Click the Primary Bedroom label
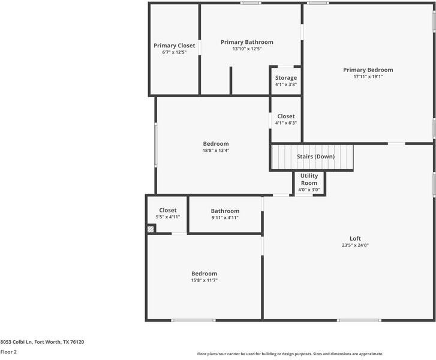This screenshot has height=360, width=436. [368, 70]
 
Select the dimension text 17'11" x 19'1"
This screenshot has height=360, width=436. [368, 77]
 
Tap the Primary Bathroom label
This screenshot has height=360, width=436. [246, 42]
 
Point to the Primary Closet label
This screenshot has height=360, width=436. [174, 46]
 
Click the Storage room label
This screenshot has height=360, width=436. [285, 78]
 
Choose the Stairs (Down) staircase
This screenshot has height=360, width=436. [312, 157]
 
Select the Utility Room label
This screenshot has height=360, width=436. [309, 179]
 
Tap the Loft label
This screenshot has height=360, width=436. [356, 238]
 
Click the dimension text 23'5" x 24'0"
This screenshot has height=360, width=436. [356, 245]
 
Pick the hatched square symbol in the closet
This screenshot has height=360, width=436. [151, 229]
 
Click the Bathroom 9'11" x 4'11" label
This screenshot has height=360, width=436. [225, 211]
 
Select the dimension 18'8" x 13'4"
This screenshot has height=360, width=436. [216, 151]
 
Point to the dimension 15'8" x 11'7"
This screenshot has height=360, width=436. [204, 280]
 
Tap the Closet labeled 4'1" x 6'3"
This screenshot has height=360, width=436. [285, 116]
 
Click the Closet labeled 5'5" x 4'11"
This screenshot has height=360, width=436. [167, 211]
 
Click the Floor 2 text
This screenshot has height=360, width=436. [8, 352]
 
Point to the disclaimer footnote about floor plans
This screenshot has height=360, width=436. [290, 354]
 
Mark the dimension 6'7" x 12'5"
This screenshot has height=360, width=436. [174, 53]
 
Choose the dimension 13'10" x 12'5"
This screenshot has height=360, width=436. [246, 49]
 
